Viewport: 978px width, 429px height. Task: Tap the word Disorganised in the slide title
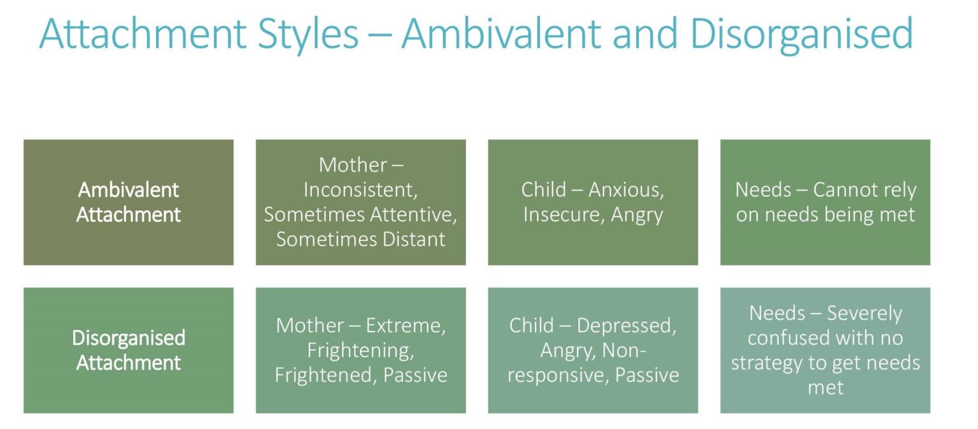pyautogui.click(x=801, y=34)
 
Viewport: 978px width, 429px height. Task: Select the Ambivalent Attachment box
pyautogui.click(x=129, y=202)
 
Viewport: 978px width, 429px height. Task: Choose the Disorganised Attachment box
pyautogui.click(x=129, y=350)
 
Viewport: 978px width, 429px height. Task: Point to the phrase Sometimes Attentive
pyautogui.click(x=360, y=215)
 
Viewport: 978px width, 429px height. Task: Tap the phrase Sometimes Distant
pyautogui.click(x=360, y=240)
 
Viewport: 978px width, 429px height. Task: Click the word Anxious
pyautogui.click(x=628, y=190)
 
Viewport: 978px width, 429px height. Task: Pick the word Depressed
pyautogui.click(x=626, y=326)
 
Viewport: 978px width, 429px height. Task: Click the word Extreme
pyautogui.click(x=406, y=326)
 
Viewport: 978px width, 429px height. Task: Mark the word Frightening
pyautogui.click(x=360, y=350)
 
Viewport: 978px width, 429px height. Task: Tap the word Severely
pyautogui.click(x=864, y=314)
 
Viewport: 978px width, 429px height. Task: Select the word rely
pyautogui.click(x=898, y=190)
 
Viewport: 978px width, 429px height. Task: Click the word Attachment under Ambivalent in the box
pyautogui.click(x=129, y=215)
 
